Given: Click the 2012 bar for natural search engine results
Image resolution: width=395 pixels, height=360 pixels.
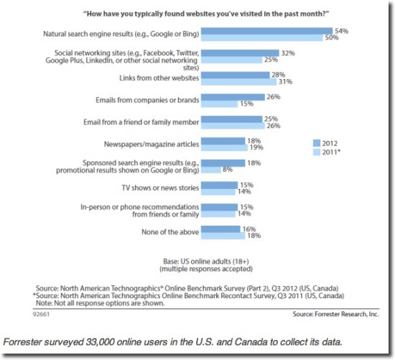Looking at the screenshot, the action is [x=266, y=31].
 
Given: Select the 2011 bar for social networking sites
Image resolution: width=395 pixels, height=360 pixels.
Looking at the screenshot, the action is [x=232, y=60].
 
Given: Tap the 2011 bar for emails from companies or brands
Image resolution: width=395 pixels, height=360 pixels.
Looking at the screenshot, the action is [x=220, y=104].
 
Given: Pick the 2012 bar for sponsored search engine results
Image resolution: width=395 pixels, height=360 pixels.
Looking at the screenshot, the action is [x=223, y=163].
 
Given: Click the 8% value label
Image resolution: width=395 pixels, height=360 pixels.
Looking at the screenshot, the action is [x=228, y=170].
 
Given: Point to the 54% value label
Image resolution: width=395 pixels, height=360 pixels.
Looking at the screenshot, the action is [x=342, y=31].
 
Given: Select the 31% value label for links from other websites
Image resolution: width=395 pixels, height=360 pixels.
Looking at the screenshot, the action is [x=285, y=82].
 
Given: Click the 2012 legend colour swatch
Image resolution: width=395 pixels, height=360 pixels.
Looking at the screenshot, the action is [x=317, y=143].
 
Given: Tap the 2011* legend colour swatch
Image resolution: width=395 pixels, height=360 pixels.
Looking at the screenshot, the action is [x=317, y=152].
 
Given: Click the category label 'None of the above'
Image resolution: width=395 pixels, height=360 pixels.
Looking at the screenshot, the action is [x=170, y=232].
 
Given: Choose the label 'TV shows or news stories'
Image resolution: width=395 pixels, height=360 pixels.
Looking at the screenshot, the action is [x=160, y=188].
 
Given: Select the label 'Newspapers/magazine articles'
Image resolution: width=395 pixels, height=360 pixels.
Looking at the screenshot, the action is [x=152, y=144].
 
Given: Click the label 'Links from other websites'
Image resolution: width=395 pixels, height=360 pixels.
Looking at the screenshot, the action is [x=159, y=78].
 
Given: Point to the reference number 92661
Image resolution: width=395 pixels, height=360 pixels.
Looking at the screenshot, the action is [x=41, y=314].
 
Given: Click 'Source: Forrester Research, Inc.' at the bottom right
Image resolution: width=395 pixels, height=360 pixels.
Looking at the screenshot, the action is [x=336, y=314].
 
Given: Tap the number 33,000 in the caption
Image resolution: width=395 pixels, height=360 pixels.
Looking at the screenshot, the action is [x=101, y=342].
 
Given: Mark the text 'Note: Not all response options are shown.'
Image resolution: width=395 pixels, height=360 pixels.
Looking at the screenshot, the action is [x=101, y=303].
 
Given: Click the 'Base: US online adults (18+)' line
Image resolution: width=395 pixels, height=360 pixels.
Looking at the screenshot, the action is [x=206, y=261].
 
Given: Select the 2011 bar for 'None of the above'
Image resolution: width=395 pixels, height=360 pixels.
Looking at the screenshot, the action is [x=223, y=236].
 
